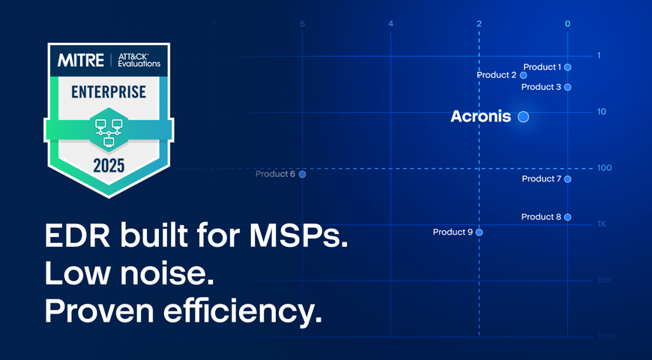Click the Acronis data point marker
pos(523,116)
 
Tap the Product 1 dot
pos(568,67)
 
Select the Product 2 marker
pos(524,75)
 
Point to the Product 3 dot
pos(568,87)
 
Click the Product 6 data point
pos(303,174)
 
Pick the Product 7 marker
pos(568,179)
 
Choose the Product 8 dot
pos(568,217)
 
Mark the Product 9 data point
pos(480,232)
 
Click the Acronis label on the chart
pos(480,117)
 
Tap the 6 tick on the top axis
pos(302,24)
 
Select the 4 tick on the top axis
pos(390,24)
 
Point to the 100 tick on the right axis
pos(604,168)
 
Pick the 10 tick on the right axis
pos(602,112)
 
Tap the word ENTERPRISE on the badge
pos(109,93)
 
